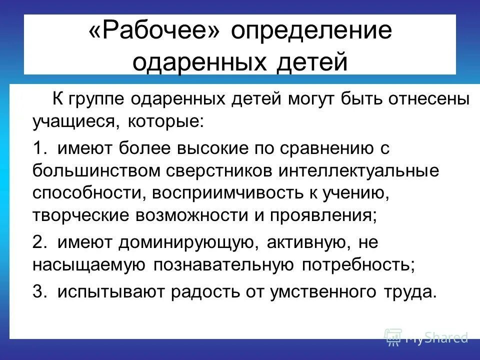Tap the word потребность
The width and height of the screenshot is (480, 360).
[x=358, y=264]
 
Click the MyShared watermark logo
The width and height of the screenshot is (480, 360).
[x=426, y=337]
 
